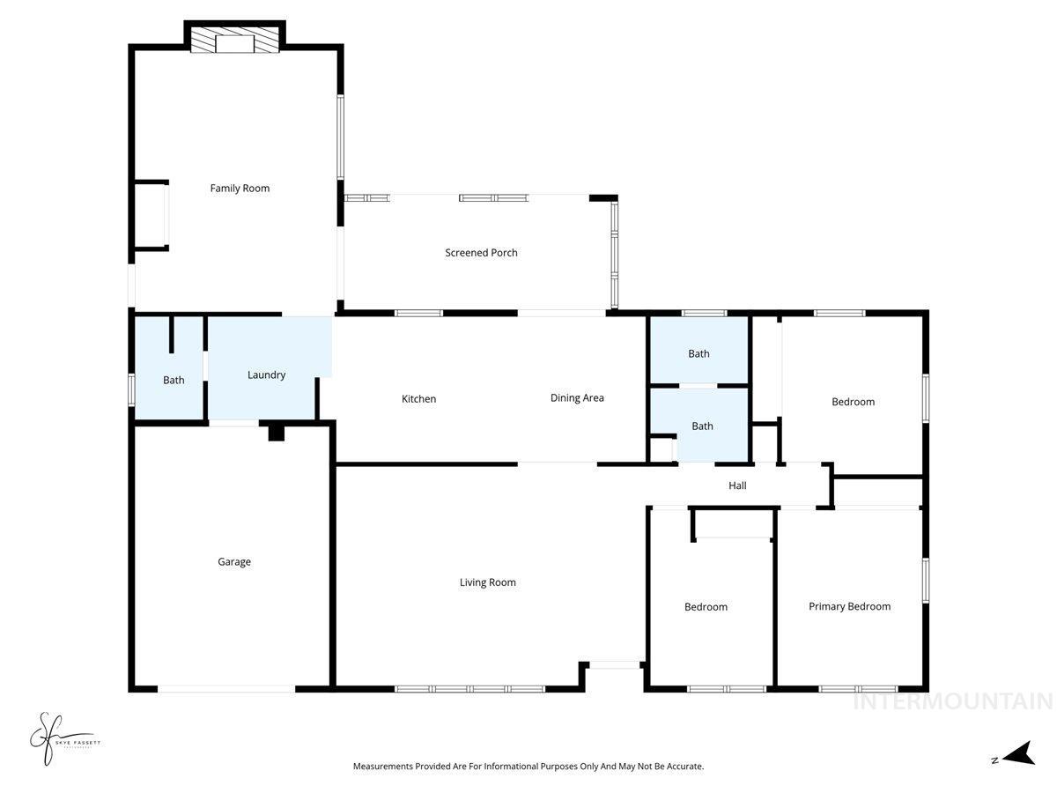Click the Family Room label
point(240,188)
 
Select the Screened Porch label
point(481,253)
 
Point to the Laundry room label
point(266,374)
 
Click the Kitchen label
point(418,399)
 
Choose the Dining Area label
point(577,397)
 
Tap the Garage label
point(234,561)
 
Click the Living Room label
point(487,582)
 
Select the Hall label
point(737,485)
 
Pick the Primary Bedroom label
point(849,606)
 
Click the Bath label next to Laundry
point(174,380)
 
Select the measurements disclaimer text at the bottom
point(528,767)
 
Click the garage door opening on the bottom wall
point(226,688)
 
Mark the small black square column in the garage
point(276,432)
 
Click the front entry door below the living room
point(615,665)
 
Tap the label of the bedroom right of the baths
point(853,402)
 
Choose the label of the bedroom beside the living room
point(706,606)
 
